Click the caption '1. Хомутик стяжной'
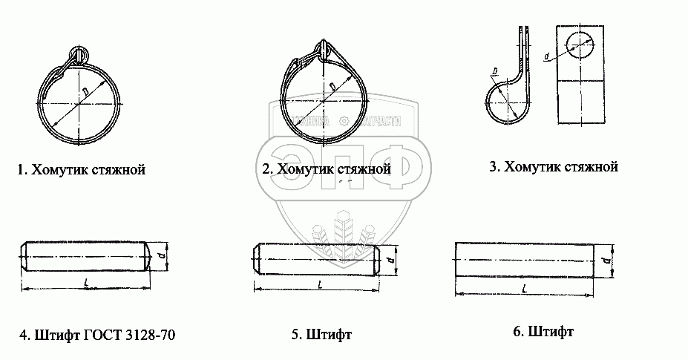[81, 170]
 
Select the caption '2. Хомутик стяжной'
[326, 169]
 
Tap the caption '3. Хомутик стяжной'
[554, 167]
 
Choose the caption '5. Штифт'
[321, 335]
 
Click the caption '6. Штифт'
[543, 331]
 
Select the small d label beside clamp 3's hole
[546, 56]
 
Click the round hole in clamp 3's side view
[581, 45]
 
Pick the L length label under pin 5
[319, 284]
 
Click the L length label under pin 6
[524, 287]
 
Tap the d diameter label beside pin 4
[171, 256]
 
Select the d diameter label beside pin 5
[398, 259]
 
